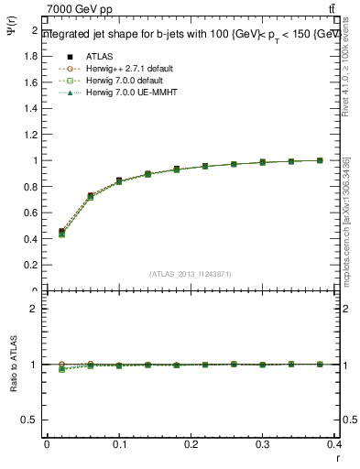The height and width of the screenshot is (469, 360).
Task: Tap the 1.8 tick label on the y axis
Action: [29, 56]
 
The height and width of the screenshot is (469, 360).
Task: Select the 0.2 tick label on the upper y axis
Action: [29, 265]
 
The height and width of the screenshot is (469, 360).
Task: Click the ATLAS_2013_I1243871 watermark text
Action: [190, 274]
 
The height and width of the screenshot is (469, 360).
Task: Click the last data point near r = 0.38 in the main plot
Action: [320, 160]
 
